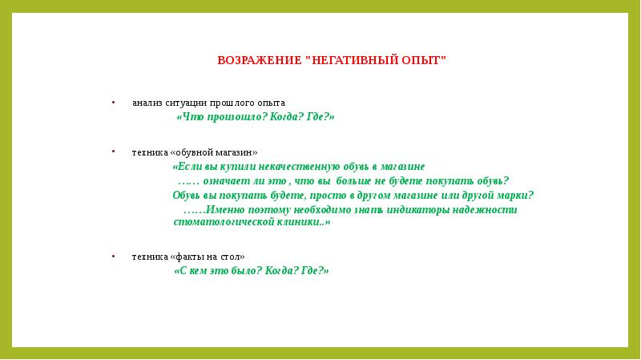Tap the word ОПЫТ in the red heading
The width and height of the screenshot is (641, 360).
418,61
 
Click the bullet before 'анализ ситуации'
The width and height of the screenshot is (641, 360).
113,103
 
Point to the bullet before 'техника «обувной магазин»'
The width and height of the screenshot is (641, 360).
113,152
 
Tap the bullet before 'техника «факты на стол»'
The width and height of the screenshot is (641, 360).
113,257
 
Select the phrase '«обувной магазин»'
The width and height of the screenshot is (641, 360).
214,152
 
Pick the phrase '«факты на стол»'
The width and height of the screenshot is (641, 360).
208,257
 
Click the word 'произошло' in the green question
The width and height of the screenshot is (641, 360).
232,118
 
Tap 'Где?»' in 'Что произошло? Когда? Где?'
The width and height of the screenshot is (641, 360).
320,118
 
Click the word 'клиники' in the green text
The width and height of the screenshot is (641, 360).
293,222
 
